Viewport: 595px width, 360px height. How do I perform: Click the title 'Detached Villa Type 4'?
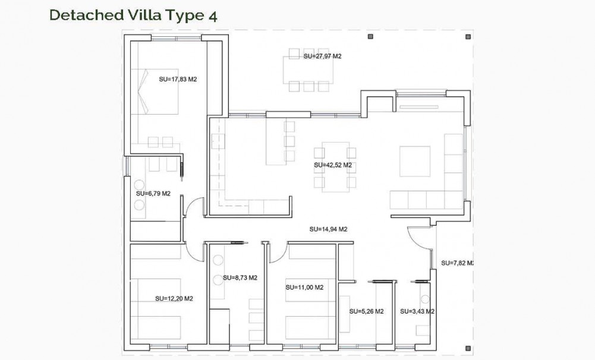click(x=133, y=15)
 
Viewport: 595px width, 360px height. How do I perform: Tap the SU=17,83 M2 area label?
click(x=178, y=79)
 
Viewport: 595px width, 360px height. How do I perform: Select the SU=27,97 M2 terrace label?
click(x=322, y=56)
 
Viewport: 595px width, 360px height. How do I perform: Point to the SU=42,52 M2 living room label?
click(x=333, y=165)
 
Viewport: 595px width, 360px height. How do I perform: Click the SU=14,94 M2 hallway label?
click(x=328, y=229)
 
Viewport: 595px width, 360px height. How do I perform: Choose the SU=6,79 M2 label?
click(x=153, y=194)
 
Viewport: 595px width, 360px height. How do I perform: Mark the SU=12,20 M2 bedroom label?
click(x=174, y=299)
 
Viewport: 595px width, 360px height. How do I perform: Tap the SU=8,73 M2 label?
click(x=240, y=277)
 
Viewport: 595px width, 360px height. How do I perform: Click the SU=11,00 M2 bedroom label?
click(x=304, y=288)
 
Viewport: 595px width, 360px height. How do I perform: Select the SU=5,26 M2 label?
click(x=366, y=311)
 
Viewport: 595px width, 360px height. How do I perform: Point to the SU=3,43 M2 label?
click(x=417, y=311)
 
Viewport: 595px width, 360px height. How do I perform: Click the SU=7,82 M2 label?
click(x=457, y=263)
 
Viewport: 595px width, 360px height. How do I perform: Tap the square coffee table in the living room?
click(x=414, y=161)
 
